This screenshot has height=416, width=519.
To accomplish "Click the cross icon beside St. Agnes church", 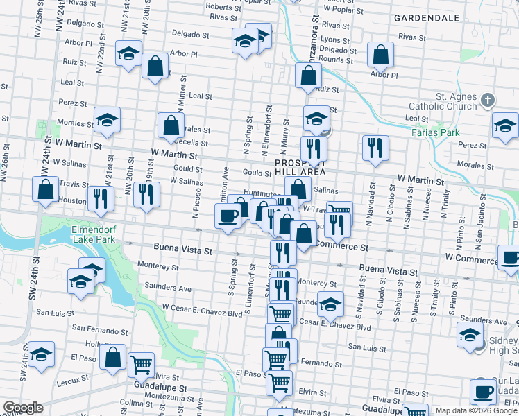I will point(487,101).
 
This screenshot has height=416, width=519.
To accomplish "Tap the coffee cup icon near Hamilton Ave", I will point(228,216).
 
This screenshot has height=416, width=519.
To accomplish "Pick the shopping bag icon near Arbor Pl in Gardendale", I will point(380,54).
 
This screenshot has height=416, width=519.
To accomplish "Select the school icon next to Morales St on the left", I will point(107,120).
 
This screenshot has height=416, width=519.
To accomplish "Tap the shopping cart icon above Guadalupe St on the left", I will point(142,363).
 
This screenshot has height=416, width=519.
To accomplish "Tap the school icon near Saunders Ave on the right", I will point(470,334).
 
